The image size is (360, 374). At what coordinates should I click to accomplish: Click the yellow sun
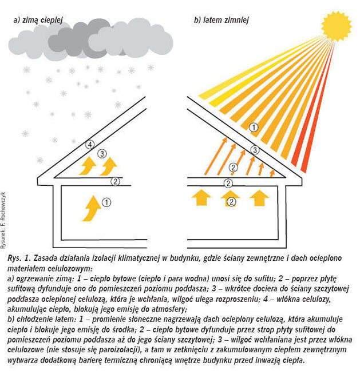point(336,26)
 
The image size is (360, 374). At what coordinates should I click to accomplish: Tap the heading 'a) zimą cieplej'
point(38,20)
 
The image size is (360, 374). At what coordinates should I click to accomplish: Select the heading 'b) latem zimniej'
point(221,20)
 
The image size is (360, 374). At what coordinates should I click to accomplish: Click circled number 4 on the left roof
point(90,145)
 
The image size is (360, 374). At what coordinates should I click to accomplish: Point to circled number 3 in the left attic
point(102,154)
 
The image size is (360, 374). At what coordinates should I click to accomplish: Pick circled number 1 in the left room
point(106,202)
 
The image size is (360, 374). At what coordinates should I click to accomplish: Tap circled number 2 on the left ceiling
point(115,182)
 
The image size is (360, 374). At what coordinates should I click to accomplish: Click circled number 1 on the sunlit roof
point(254,128)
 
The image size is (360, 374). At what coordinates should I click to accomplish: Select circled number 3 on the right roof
point(255,150)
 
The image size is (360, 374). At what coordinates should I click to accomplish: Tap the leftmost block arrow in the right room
point(201,197)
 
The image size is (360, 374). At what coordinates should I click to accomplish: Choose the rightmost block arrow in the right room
point(259,197)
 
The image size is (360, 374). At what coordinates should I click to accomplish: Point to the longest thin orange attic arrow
point(216,156)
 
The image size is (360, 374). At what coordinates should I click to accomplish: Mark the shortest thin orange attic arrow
point(272,173)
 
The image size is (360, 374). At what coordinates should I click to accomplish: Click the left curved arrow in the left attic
point(88,166)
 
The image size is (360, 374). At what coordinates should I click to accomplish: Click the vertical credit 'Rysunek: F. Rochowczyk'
point(3,220)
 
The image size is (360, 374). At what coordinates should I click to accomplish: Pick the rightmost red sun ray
point(318,107)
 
